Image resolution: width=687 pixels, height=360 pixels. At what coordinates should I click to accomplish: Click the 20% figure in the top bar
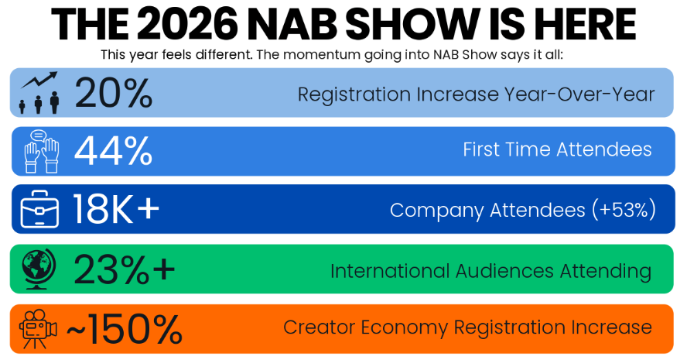114,93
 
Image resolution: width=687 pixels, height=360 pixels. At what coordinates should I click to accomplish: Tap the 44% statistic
114,151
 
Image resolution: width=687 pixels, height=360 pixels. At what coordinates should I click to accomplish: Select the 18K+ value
116,209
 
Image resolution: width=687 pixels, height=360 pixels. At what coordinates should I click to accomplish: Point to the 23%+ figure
125,270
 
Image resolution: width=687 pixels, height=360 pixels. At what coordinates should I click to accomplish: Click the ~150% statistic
124,328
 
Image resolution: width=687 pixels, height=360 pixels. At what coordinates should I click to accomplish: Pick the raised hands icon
40,151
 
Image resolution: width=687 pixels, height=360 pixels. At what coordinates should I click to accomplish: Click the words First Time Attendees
557,149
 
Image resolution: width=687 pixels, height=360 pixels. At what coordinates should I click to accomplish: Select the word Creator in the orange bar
314,327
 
